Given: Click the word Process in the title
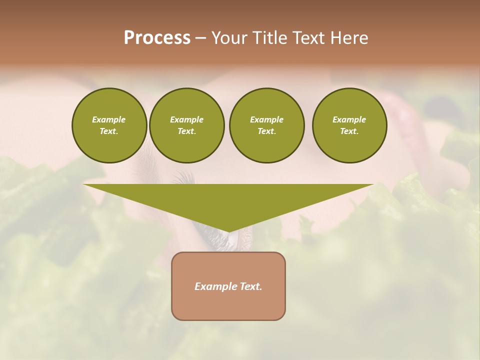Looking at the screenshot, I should (x=157, y=38).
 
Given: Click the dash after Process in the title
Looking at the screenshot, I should (x=200, y=38).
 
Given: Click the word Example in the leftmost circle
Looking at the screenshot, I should (x=109, y=119).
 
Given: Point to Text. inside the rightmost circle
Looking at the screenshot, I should (x=349, y=131).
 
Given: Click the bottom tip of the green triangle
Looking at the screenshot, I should (x=228, y=230).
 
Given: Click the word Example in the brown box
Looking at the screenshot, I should (x=215, y=286).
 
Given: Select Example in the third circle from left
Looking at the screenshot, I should (x=266, y=119).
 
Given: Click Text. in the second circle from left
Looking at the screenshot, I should (x=186, y=131).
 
